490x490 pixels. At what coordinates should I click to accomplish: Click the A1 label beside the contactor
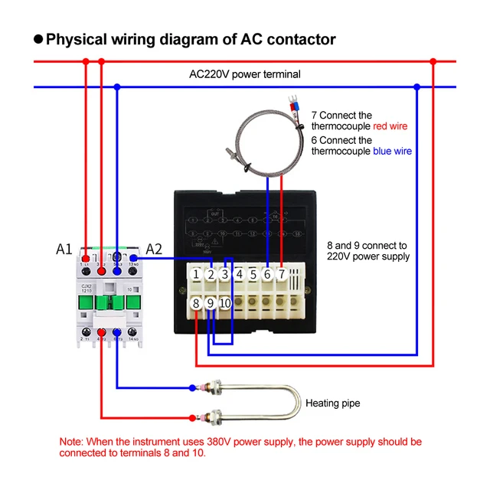point(64,249)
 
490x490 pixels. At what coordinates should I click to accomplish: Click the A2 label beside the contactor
point(155,249)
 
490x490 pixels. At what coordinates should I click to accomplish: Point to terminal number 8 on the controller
point(197,304)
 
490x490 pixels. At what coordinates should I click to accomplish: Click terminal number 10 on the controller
point(224,304)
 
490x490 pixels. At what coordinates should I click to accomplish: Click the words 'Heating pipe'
point(332,403)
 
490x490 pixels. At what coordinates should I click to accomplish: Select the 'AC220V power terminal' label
point(245,74)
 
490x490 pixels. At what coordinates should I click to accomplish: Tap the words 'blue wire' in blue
point(392,152)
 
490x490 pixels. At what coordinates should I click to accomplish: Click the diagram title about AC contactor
point(191,39)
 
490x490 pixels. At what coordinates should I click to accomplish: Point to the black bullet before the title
point(38,39)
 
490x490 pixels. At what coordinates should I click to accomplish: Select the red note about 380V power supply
point(240,447)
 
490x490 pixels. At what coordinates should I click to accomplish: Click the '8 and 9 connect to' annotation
point(367,246)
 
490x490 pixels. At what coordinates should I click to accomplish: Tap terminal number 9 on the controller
point(211,304)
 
